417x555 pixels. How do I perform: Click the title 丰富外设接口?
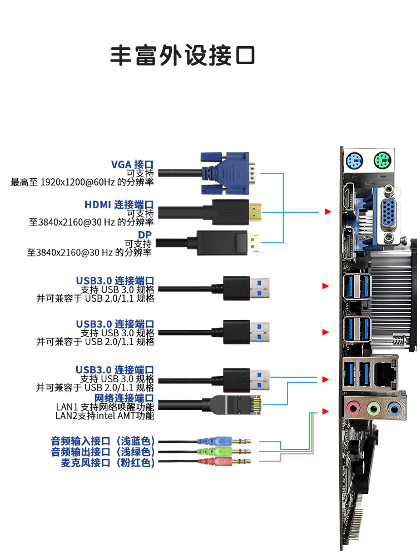click(x=182, y=56)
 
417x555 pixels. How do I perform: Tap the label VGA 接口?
click(x=132, y=164)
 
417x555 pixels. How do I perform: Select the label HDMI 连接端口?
click(x=119, y=204)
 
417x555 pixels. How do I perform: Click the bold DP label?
click(x=145, y=234)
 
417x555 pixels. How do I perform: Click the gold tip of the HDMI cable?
click(x=256, y=212)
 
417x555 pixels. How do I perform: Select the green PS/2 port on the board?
click(x=382, y=162)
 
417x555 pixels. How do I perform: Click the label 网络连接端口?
click(x=124, y=398)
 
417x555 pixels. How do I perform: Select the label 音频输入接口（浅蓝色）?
click(x=103, y=441)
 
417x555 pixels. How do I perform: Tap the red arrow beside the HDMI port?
click(x=328, y=212)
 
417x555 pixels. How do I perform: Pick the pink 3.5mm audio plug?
click(x=222, y=461)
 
